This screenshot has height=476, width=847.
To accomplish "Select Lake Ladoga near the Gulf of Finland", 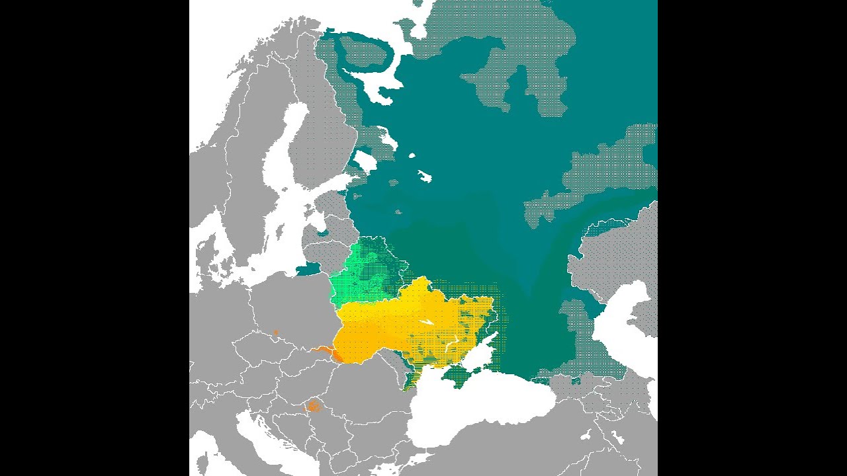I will [x=365, y=161].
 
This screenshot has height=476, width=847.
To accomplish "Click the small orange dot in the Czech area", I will [x=276, y=332].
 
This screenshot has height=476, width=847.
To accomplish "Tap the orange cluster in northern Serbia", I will [x=313, y=406].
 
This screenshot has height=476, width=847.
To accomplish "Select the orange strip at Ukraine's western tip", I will [x=325, y=350].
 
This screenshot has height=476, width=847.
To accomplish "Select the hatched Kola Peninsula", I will [x=361, y=53].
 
